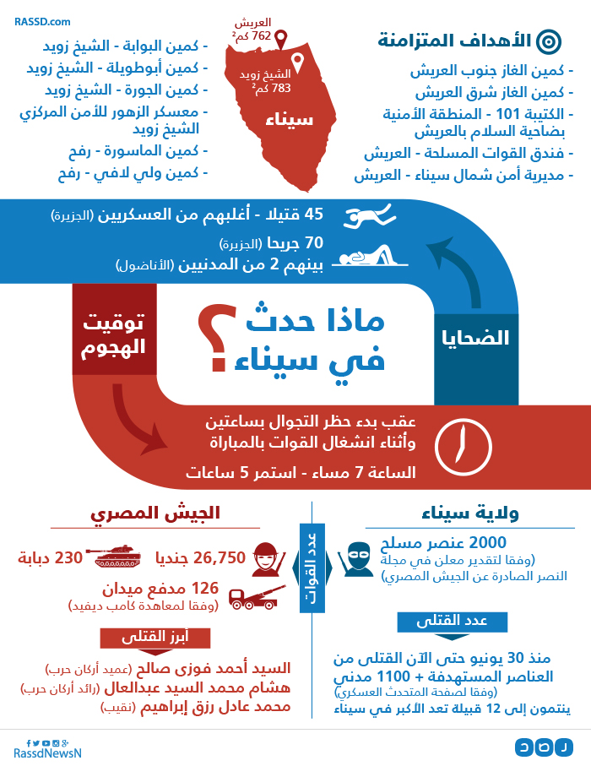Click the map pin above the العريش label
tap(280, 39)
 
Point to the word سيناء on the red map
tap(289, 119)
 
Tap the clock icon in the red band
tap(463, 441)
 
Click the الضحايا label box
tap(476, 339)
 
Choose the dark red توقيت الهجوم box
tap(114, 333)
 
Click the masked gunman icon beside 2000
tap(355, 557)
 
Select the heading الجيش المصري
tap(156, 513)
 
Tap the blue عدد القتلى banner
tap(453, 621)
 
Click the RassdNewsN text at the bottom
tap(47, 752)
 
